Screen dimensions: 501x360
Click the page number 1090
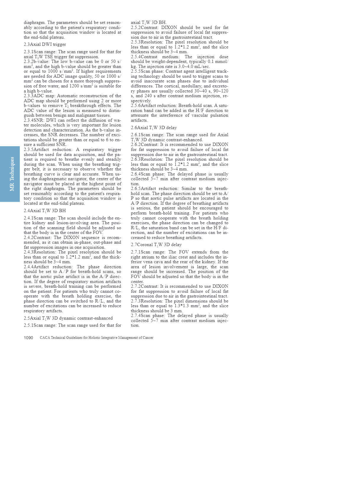click(28, 338)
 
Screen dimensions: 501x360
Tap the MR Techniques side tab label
click(12, 174)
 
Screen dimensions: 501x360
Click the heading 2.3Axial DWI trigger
click(45, 44)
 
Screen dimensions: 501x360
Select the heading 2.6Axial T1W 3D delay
click(154, 128)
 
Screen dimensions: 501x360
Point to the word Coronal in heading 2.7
click(145, 245)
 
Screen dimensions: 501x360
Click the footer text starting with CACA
click(96, 338)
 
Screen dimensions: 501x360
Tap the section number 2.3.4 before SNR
click(29, 120)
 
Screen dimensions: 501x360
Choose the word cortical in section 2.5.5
click(175, 86)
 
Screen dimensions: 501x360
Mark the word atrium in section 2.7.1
click(149, 257)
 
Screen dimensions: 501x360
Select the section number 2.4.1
click(29, 218)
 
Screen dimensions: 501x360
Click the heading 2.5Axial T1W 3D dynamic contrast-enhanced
click(68, 318)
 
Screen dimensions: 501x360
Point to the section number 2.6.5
click(136, 188)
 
